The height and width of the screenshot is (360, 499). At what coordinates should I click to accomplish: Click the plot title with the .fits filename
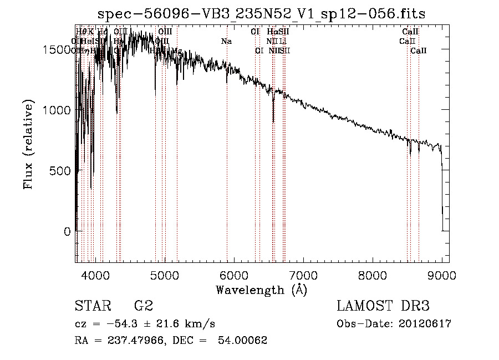coord(261,14)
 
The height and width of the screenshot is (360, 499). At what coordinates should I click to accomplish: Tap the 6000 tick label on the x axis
coord(233,276)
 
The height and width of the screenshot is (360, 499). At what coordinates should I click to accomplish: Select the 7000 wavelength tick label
coord(303,276)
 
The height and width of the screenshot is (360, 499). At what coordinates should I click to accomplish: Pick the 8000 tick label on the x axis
coord(372,276)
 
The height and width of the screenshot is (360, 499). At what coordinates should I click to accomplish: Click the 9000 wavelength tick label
coord(441,276)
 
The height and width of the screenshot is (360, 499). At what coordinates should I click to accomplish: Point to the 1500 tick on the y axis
coord(58,49)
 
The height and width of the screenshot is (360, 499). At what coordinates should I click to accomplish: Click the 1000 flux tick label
coord(58,110)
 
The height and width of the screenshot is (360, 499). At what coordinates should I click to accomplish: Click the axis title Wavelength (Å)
coord(261,290)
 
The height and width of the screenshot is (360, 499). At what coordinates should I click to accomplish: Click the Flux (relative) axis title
coord(28,145)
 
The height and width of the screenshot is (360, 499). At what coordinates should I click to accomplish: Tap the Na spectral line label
coord(226,41)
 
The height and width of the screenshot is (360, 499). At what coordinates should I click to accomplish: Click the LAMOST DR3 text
coord(383,306)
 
